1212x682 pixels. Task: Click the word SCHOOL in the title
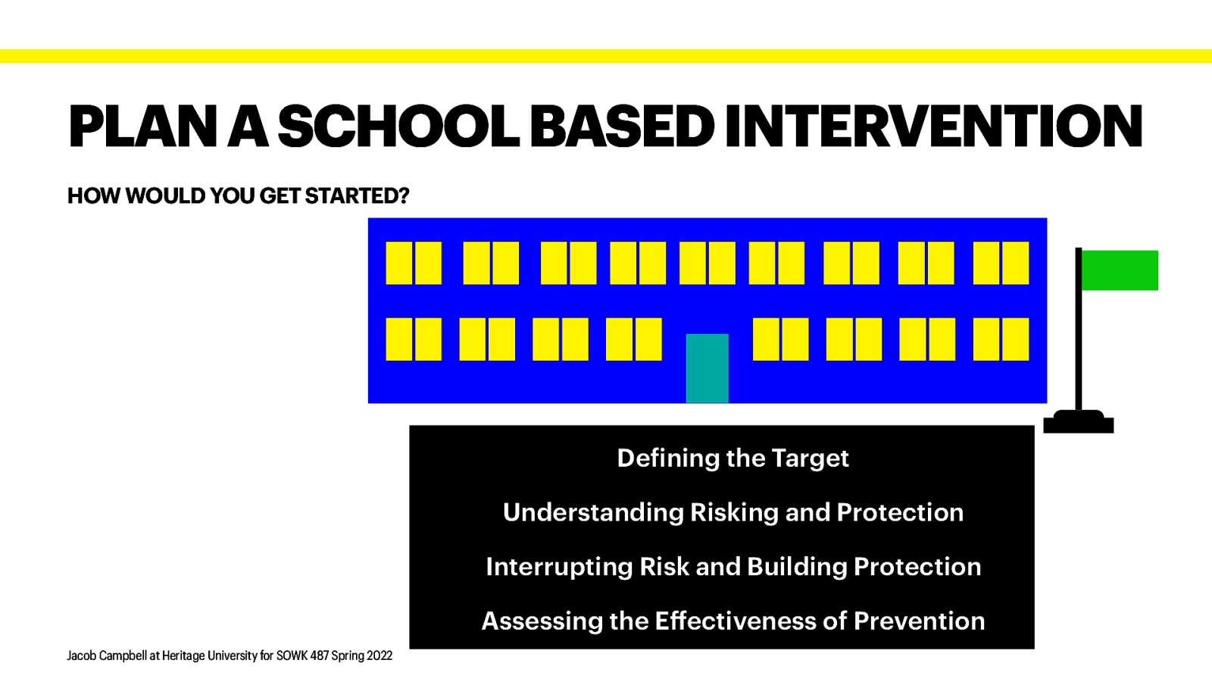[398, 127]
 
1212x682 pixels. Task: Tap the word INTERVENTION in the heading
[932, 127]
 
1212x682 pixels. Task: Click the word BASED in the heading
[621, 127]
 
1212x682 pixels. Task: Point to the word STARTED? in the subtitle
[357, 196]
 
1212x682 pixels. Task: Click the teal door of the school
[707, 368]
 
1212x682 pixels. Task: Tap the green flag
[1119, 271]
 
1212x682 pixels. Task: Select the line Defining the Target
[733, 458]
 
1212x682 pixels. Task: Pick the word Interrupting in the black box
[559, 567]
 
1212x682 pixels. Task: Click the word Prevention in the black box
[919, 621]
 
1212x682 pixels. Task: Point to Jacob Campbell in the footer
[107, 655]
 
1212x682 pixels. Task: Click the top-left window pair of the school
[414, 263]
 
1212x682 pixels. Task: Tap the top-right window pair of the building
[1001, 263]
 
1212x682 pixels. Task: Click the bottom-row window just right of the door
[780, 339]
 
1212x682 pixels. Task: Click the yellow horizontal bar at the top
[606, 56]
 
